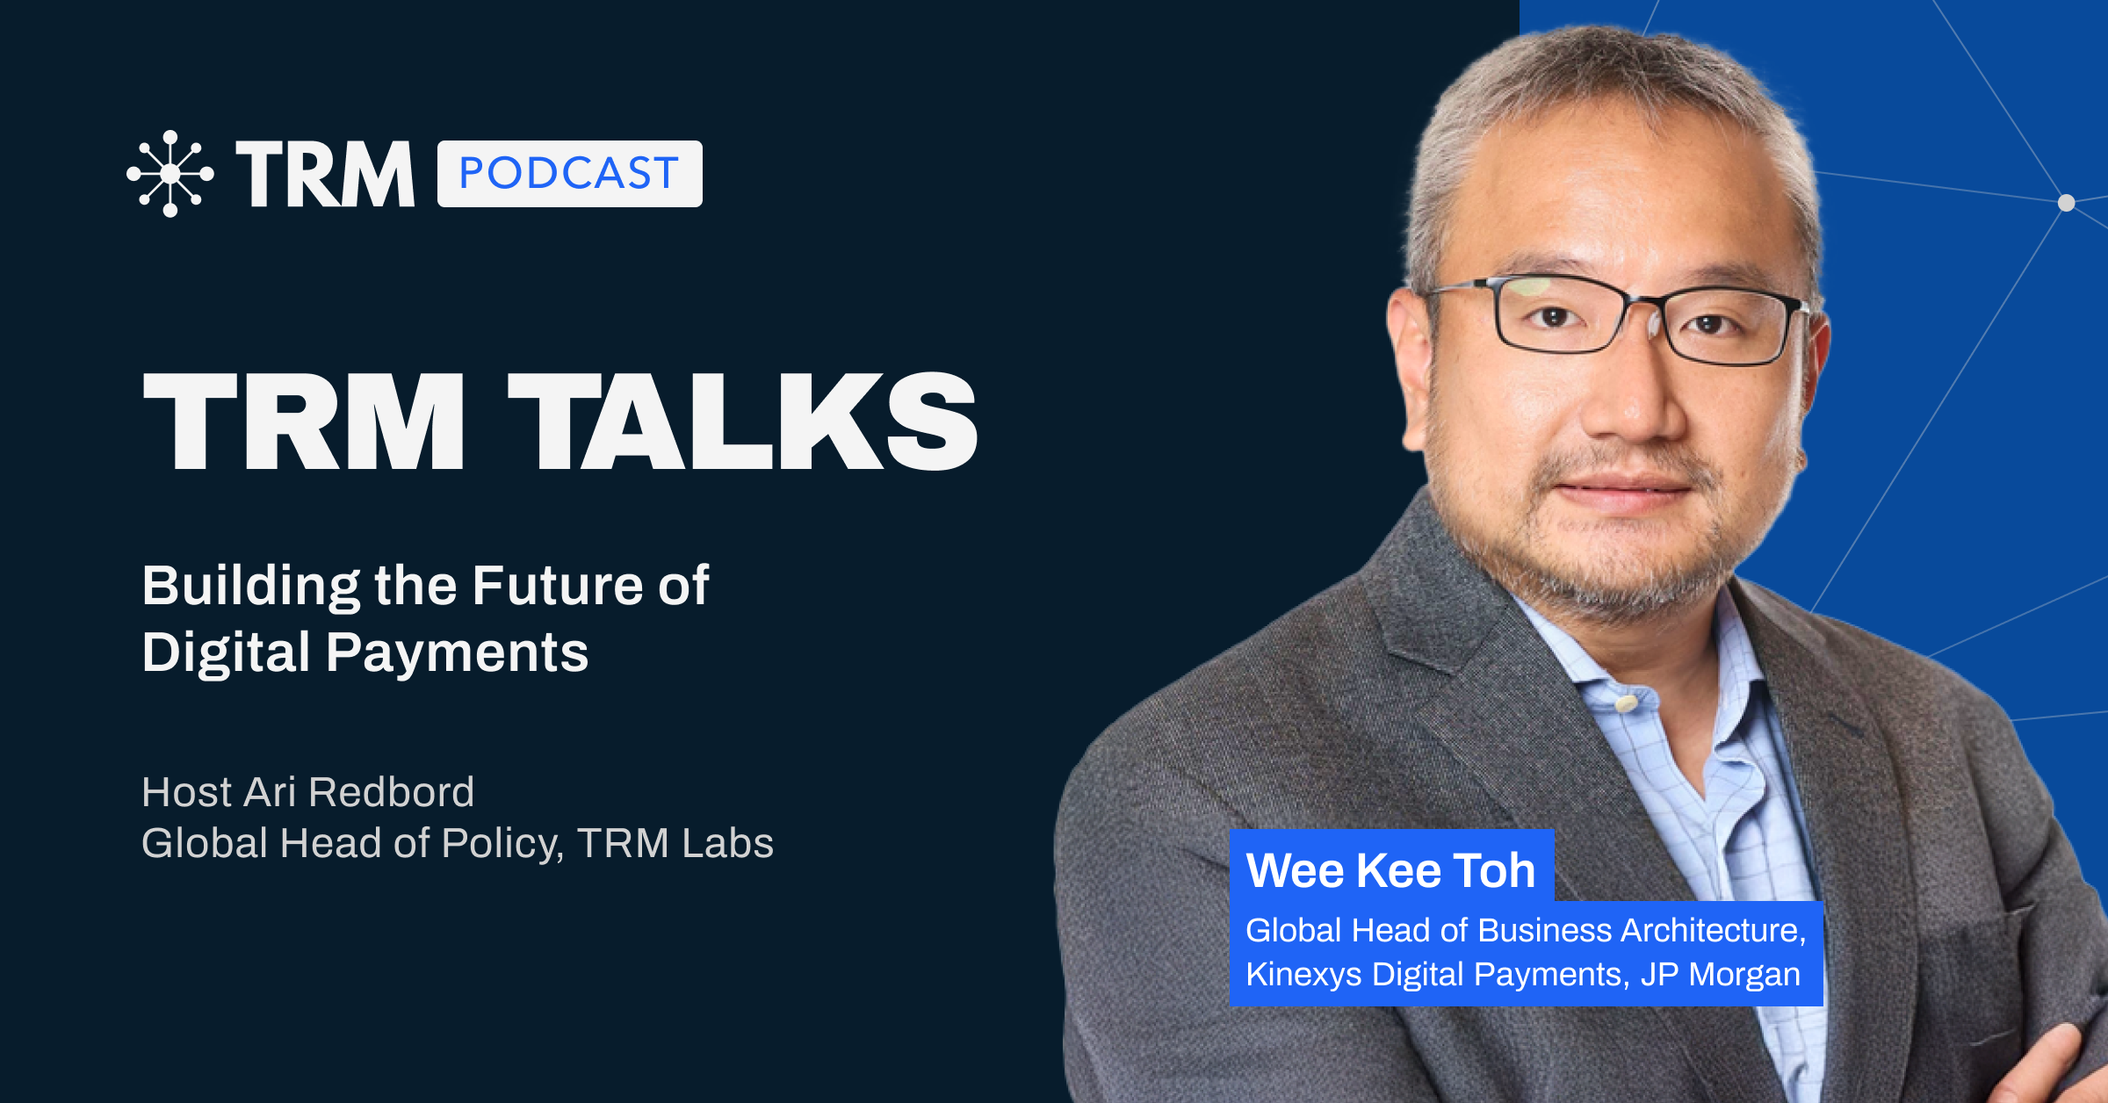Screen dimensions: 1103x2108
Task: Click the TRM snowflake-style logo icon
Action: (170, 174)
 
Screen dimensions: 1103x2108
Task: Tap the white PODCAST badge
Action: (569, 174)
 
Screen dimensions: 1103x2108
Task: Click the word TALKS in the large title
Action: (743, 421)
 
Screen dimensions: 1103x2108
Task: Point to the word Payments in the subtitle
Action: (457, 653)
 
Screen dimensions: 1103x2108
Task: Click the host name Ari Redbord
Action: (359, 792)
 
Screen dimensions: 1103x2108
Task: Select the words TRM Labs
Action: (675, 843)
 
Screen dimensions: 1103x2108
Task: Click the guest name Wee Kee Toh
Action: (1390, 870)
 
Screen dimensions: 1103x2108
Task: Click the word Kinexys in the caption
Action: (1304, 975)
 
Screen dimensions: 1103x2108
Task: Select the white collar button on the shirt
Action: (1626, 703)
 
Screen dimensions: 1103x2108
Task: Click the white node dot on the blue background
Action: (2067, 203)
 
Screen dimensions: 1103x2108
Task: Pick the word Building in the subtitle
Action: (250, 586)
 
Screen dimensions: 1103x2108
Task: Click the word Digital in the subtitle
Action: (226, 653)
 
